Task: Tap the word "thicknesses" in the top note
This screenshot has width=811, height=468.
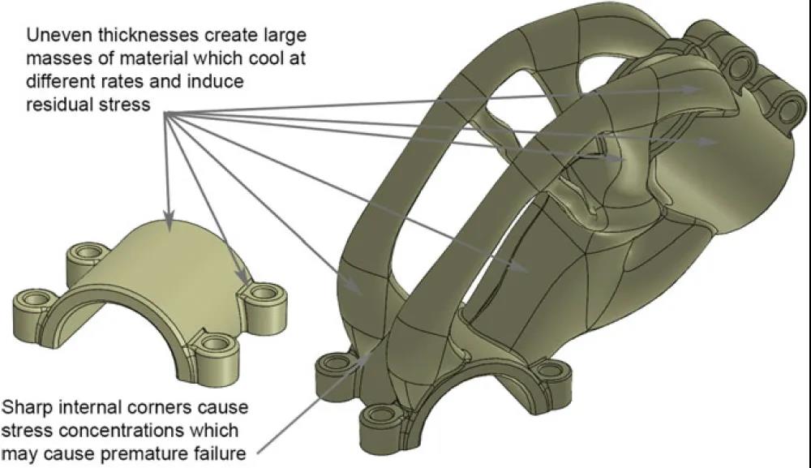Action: pyautogui.click(x=148, y=36)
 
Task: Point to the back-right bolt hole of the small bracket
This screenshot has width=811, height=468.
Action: pyautogui.click(x=264, y=290)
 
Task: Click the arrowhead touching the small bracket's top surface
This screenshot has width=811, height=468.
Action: pyautogui.click(x=168, y=221)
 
